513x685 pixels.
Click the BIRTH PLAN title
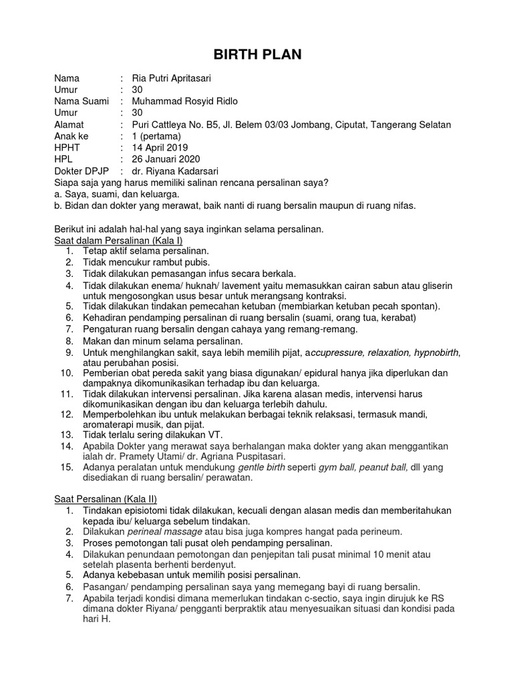(256, 55)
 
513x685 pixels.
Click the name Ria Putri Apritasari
(171, 78)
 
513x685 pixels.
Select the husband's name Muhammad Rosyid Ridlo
(184, 101)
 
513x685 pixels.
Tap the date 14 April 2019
(160, 147)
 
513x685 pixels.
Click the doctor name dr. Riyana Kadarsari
(175, 171)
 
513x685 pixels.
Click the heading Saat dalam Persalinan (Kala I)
(118, 239)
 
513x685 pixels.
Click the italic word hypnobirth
(436, 352)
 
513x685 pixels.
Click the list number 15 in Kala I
(67, 466)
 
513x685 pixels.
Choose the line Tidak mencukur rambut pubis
(146, 262)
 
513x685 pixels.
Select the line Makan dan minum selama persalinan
(162, 341)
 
